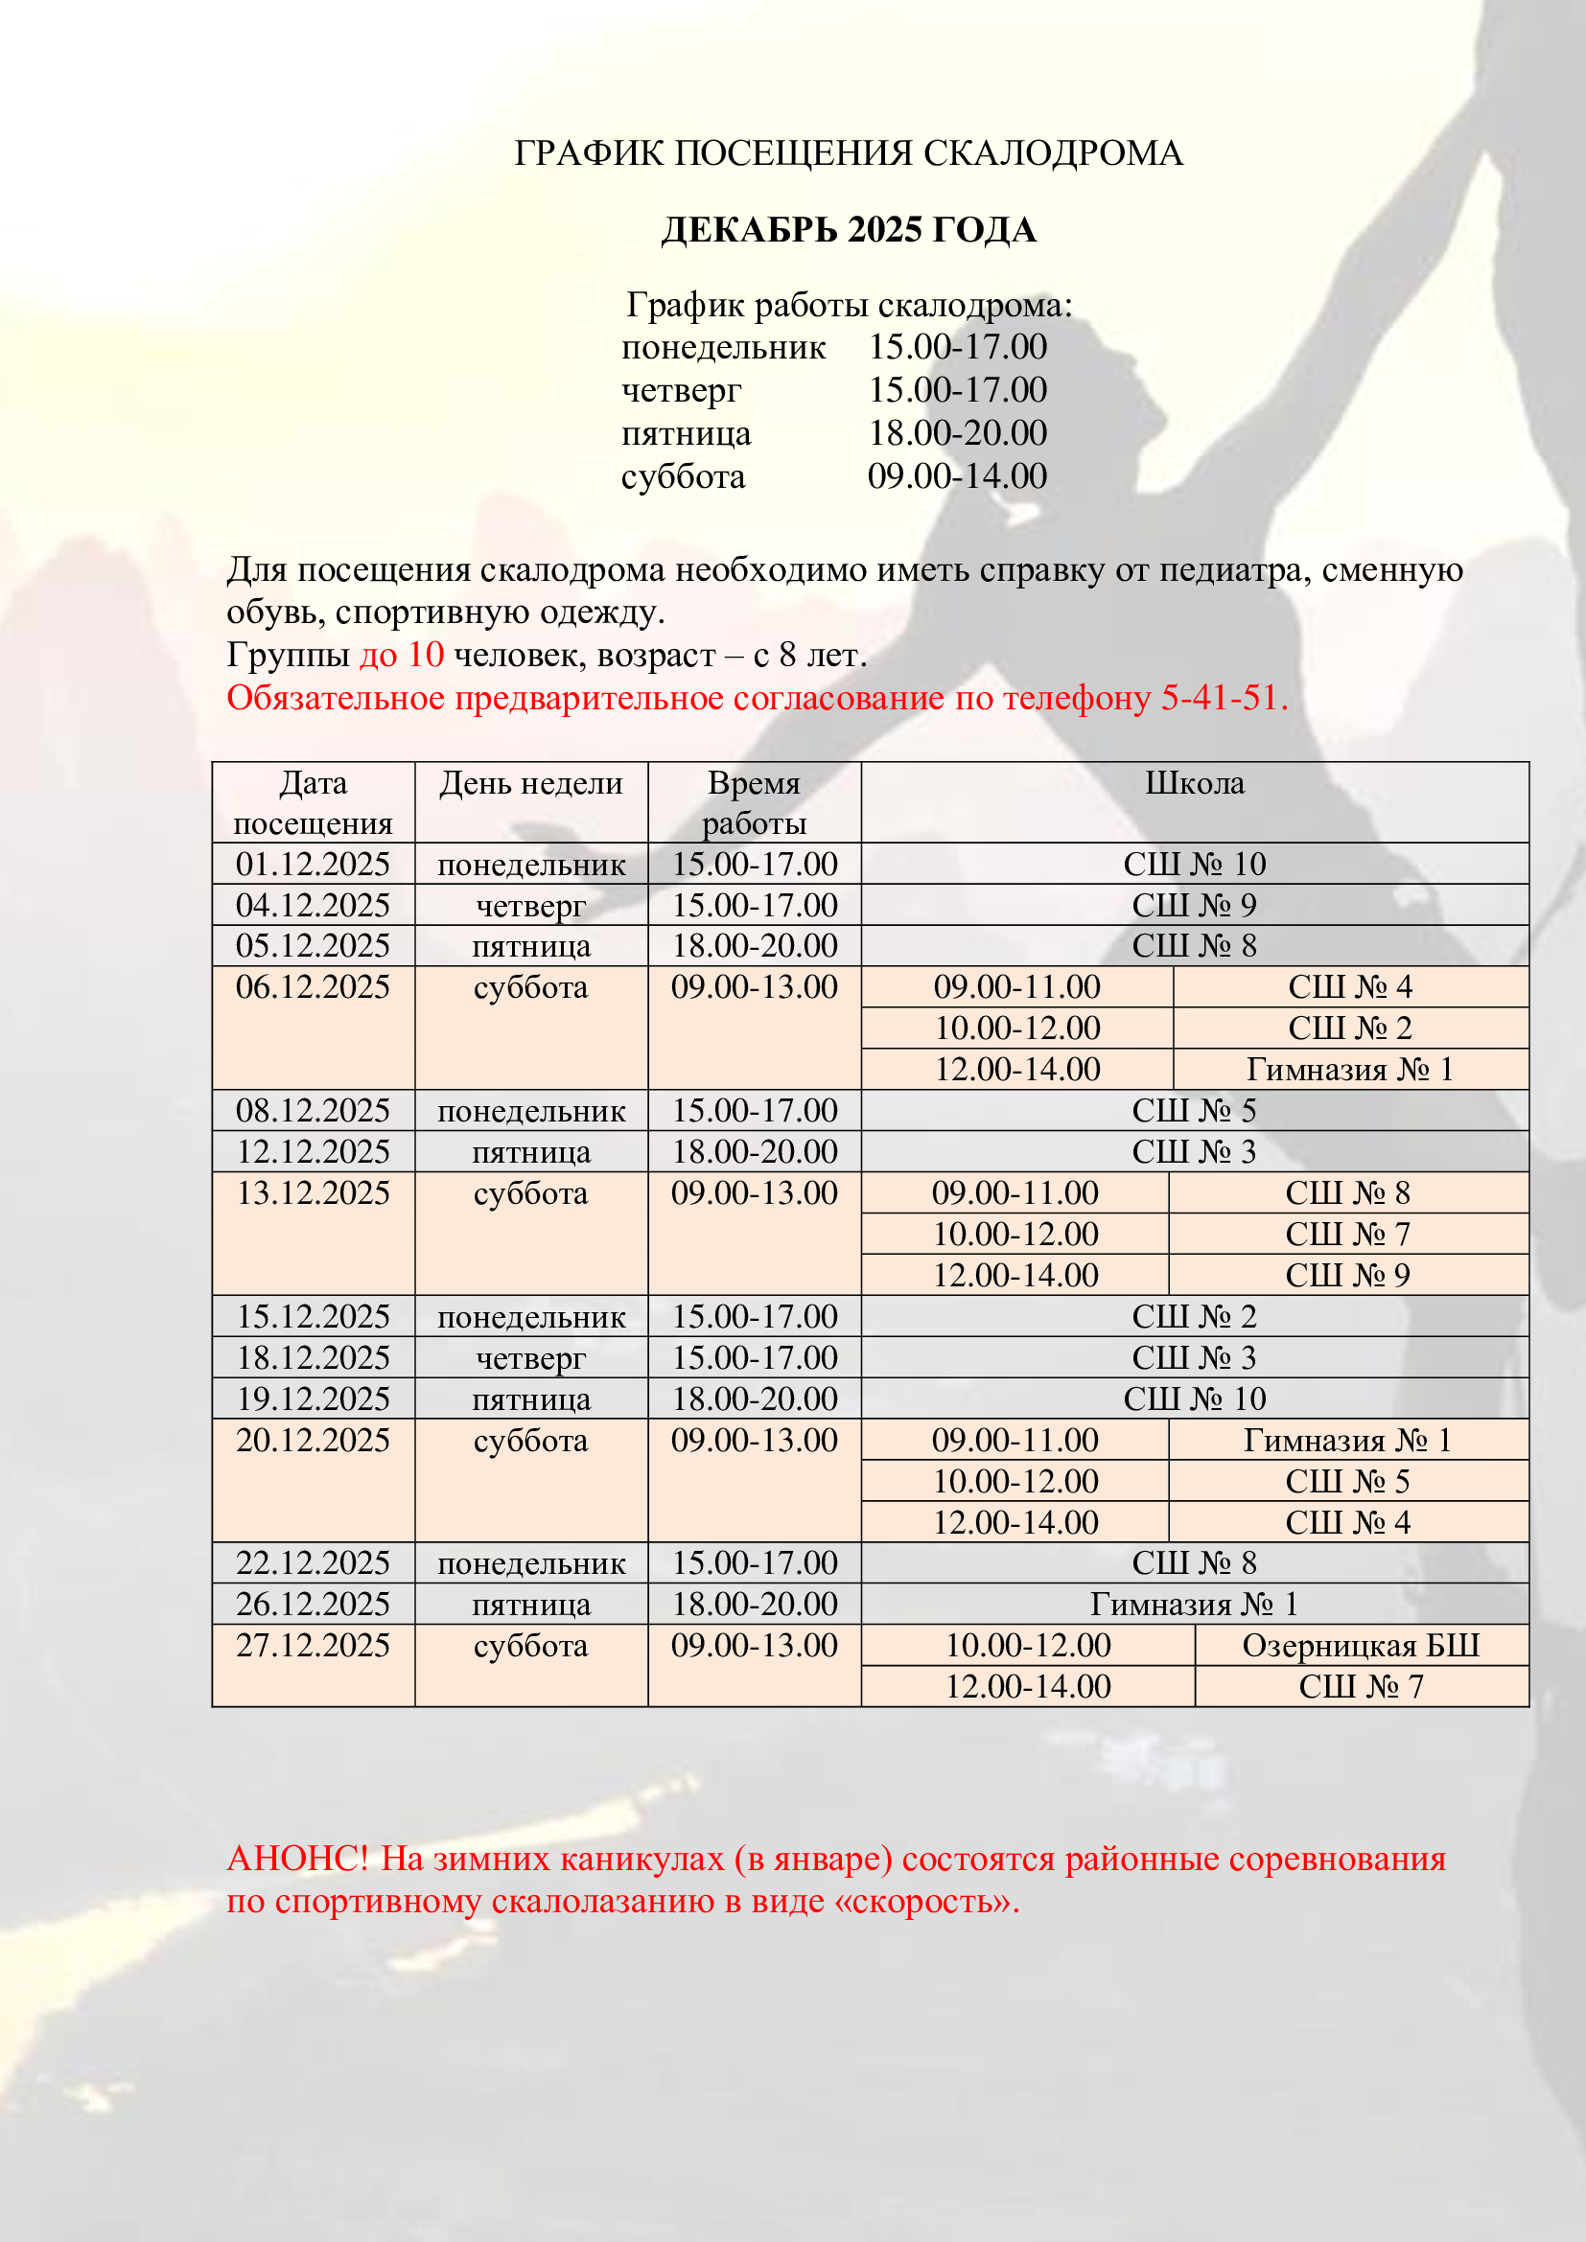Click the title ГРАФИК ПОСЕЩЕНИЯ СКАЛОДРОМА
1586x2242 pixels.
(848, 153)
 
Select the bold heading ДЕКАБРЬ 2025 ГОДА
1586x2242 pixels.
(848, 229)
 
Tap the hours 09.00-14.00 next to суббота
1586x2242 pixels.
(956, 475)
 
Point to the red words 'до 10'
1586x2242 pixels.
(402, 655)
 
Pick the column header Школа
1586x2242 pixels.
(1194, 783)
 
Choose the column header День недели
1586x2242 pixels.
(530, 783)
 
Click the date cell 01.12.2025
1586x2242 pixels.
(313, 865)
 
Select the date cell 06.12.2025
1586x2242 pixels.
(313, 987)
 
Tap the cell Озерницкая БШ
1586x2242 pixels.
(1361, 1646)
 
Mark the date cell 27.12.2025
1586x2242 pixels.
(313, 1646)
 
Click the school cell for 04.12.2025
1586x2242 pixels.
(1194, 905)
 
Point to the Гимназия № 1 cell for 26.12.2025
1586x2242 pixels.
(1194, 1605)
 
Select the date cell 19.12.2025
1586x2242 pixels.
(313, 1399)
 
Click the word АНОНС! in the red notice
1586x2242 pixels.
(297, 1859)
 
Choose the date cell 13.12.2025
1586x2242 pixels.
(313, 1193)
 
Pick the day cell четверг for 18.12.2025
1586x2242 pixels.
(530, 1358)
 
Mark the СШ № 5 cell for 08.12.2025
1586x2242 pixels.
(1194, 1111)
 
